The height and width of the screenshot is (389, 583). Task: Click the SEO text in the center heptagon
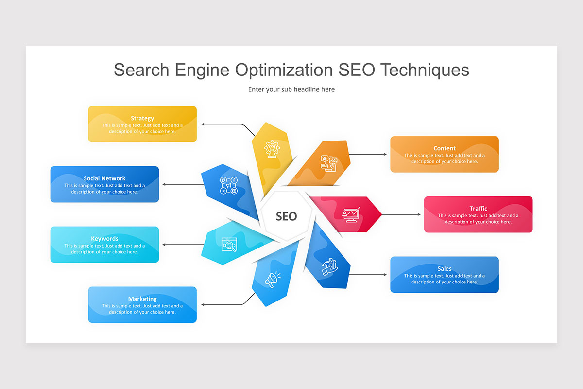(x=286, y=216)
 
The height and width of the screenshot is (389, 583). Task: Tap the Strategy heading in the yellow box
(x=142, y=118)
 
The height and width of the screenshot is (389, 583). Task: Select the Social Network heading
(x=104, y=178)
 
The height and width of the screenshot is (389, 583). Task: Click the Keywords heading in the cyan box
(x=104, y=239)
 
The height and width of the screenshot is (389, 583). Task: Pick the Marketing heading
(x=142, y=299)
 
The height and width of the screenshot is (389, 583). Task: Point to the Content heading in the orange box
(x=445, y=148)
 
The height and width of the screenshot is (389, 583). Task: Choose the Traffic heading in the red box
(x=478, y=209)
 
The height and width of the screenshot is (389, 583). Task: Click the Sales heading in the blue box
(x=445, y=269)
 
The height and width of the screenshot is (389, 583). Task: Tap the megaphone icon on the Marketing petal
(x=271, y=279)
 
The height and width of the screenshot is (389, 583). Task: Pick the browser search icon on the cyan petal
(x=229, y=244)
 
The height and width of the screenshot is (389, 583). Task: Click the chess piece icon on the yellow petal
(x=271, y=148)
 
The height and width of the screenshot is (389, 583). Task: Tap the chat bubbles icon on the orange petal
(x=328, y=163)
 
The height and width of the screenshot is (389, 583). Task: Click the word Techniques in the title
(x=424, y=70)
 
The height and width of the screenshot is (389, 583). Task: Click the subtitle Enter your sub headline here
(x=291, y=89)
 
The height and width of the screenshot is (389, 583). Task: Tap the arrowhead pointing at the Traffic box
(x=419, y=214)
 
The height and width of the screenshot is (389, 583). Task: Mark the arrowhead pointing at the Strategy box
(x=204, y=124)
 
